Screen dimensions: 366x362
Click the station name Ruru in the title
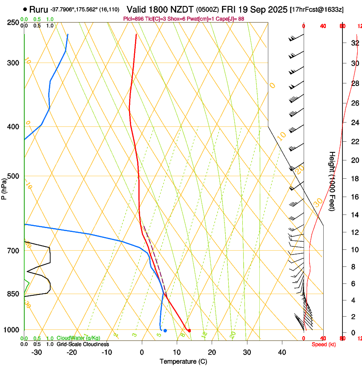(39, 9)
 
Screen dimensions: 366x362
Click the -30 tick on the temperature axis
(37, 352)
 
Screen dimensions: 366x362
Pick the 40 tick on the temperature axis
(282, 352)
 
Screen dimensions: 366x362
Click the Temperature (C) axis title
(183, 361)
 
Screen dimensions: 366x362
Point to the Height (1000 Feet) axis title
(332, 181)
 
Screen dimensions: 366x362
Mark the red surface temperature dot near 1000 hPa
(189, 330)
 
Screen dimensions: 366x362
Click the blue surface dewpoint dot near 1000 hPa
(165, 330)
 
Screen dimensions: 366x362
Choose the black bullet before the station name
(26, 9)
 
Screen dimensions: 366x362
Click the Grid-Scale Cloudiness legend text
(83, 344)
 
